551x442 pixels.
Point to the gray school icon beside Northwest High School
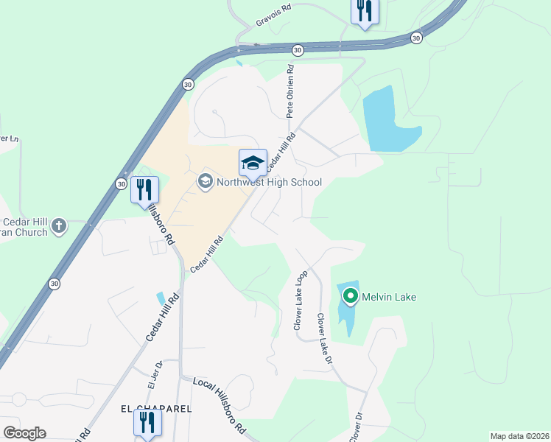point(204,181)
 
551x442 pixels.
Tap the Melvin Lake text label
point(389,297)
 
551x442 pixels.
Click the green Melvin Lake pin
point(350,297)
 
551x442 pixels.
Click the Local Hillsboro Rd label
point(219,405)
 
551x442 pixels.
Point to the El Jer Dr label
point(152,374)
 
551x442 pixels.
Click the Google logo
point(24,433)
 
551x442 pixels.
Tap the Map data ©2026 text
point(519,436)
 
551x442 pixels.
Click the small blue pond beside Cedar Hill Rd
point(161,298)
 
